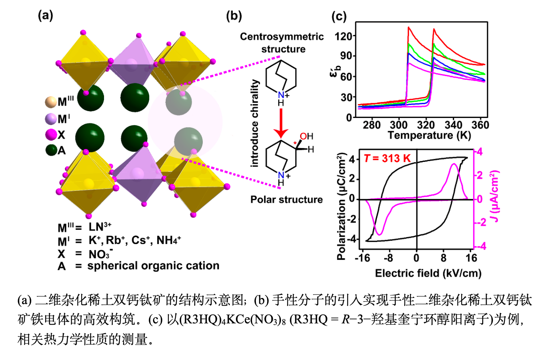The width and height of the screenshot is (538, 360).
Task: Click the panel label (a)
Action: point(45,16)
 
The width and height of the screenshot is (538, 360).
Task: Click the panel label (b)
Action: point(234,16)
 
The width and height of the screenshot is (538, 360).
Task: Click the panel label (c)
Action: point(339,17)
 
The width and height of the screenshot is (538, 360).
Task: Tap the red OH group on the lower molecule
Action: point(306,136)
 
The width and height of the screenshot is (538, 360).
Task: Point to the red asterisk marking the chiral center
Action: point(295,143)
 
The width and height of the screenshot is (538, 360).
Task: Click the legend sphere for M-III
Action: point(50,102)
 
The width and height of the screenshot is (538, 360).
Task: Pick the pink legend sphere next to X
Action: point(51,135)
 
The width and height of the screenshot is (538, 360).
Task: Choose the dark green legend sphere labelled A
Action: point(51,150)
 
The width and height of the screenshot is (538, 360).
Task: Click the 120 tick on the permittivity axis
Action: point(343,37)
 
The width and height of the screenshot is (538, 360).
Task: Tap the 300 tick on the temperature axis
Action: point(399,125)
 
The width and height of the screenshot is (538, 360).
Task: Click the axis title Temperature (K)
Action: point(429,135)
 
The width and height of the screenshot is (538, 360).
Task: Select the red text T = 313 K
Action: point(387,158)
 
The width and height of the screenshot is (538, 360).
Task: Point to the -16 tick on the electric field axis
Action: point(362,258)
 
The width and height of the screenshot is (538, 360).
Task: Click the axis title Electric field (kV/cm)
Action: point(428,273)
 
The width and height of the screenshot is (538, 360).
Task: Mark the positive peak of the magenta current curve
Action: point(454,164)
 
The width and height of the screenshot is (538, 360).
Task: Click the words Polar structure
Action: point(286,200)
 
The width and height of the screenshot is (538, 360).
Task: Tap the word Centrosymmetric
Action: point(282,37)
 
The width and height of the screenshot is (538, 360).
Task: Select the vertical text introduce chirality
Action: point(255,123)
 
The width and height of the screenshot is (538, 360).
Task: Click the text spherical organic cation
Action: point(153,266)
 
